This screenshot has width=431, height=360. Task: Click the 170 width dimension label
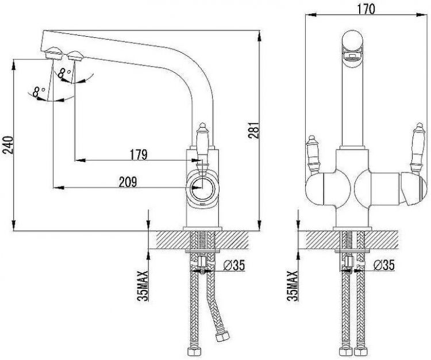pyautogui.click(x=366, y=9)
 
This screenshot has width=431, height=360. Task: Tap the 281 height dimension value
pyautogui.click(x=253, y=130)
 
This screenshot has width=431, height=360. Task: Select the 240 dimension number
pyautogui.click(x=7, y=145)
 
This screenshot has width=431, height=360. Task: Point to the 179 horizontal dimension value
pyautogui.click(x=138, y=155)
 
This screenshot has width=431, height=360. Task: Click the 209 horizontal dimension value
pyautogui.click(x=128, y=182)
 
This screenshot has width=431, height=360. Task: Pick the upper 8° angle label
pyautogui.click(x=64, y=74)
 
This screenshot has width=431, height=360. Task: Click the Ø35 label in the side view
pyautogui.click(x=234, y=265)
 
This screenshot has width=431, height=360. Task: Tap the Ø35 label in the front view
pyautogui.click(x=384, y=265)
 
